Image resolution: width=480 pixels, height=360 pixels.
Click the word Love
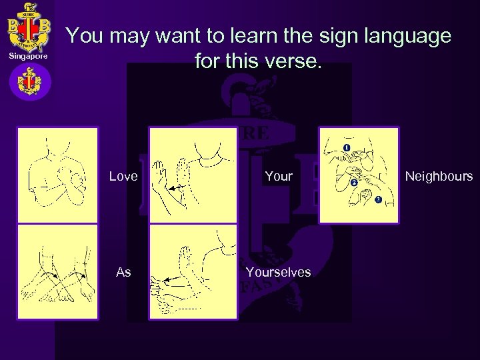tap(123, 177)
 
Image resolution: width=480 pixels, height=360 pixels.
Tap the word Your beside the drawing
tap(279, 177)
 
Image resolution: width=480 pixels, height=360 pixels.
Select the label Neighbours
tap(439, 177)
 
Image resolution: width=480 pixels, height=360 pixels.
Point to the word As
tap(123, 272)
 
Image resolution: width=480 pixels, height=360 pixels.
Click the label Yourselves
tap(278, 272)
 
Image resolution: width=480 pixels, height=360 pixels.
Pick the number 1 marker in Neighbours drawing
tap(347, 147)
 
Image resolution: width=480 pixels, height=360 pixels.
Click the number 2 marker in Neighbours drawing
tap(353, 183)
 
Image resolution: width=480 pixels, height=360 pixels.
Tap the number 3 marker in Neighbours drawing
tap(378, 200)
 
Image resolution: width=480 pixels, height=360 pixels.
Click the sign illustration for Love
tap(57, 174)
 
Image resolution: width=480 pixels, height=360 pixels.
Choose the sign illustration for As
tap(57, 272)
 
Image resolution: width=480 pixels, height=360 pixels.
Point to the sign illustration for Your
tap(193, 174)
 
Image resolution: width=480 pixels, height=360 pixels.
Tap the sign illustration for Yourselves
tap(193, 272)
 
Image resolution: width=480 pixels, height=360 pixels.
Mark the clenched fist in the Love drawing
tap(72, 180)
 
